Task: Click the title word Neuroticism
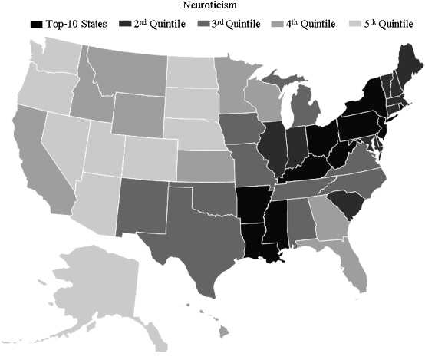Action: click(x=212, y=7)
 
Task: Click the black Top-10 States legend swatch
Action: click(x=35, y=25)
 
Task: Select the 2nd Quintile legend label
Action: click(x=164, y=25)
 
